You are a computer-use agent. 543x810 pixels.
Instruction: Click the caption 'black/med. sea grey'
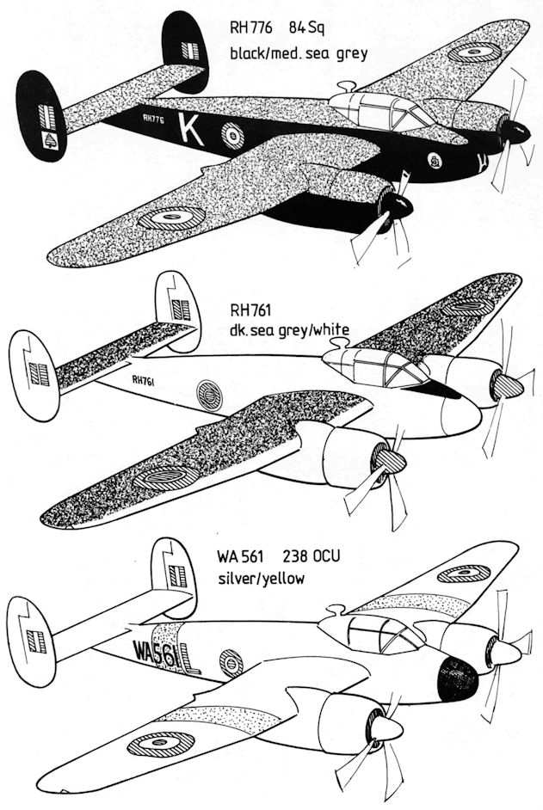298,54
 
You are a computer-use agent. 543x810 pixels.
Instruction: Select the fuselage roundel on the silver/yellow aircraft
231,661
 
